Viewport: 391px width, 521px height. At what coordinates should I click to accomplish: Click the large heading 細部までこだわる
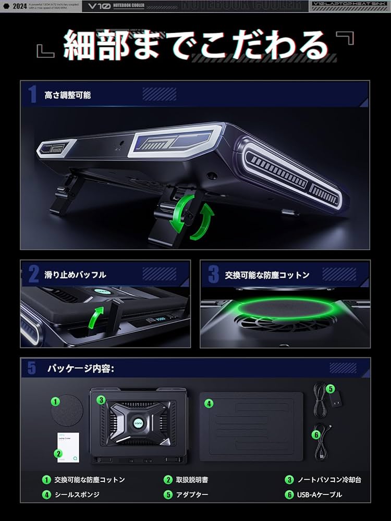tap(195, 46)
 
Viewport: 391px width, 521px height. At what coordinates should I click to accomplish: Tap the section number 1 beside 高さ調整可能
tap(32, 95)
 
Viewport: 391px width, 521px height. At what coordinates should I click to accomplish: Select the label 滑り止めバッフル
tap(75, 275)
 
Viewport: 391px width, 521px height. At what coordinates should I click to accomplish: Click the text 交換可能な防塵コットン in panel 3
tap(267, 275)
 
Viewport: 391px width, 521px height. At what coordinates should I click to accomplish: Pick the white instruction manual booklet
tap(67, 446)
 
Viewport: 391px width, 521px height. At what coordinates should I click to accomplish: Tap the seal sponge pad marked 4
tap(251, 426)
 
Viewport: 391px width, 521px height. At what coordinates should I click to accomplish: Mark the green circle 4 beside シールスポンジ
tap(46, 495)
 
